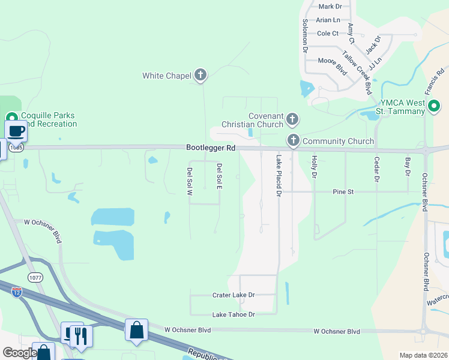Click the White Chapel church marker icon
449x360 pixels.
click(x=200, y=75)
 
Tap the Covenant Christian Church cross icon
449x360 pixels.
click(x=292, y=119)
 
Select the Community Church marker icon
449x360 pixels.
click(x=294, y=141)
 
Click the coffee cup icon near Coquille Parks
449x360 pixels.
click(x=16, y=131)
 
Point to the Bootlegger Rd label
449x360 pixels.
click(x=210, y=148)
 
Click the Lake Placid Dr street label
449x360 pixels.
click(x=279, y=176)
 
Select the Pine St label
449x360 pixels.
click(x=344, y=191)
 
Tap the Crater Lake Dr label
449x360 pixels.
click(x=234, y=295)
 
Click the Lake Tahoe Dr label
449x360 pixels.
click(x=234, y=314)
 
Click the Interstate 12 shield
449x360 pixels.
click(x=17, y=293)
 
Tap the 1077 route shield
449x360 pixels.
click(x=35, y=277)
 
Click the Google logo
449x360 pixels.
click(x=19, y=353)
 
